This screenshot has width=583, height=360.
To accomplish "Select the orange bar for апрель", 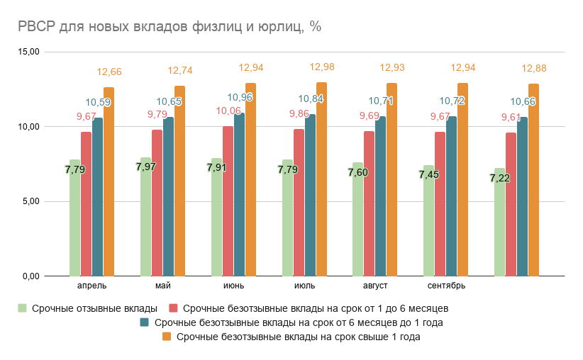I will [x=109, y=181].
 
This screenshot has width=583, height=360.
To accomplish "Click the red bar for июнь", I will [x=228, y=201].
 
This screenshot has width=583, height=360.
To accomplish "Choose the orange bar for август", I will [x=392, y=179].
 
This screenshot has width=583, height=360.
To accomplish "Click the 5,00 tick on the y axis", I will [x=30, y=201].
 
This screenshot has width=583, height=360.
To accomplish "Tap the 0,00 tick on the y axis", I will [x=30, y=276].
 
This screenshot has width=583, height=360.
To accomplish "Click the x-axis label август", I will [x=375, y=286].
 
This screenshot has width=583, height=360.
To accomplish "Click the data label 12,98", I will [x=322, y=67].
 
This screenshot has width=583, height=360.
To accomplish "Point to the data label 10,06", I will [x=228, y=111].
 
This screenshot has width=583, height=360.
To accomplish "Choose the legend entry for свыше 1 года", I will [x=298, y=337].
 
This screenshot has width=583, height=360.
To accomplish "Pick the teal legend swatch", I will [x=144, y=323].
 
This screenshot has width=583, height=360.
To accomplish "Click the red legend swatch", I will [x=172, y=308].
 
